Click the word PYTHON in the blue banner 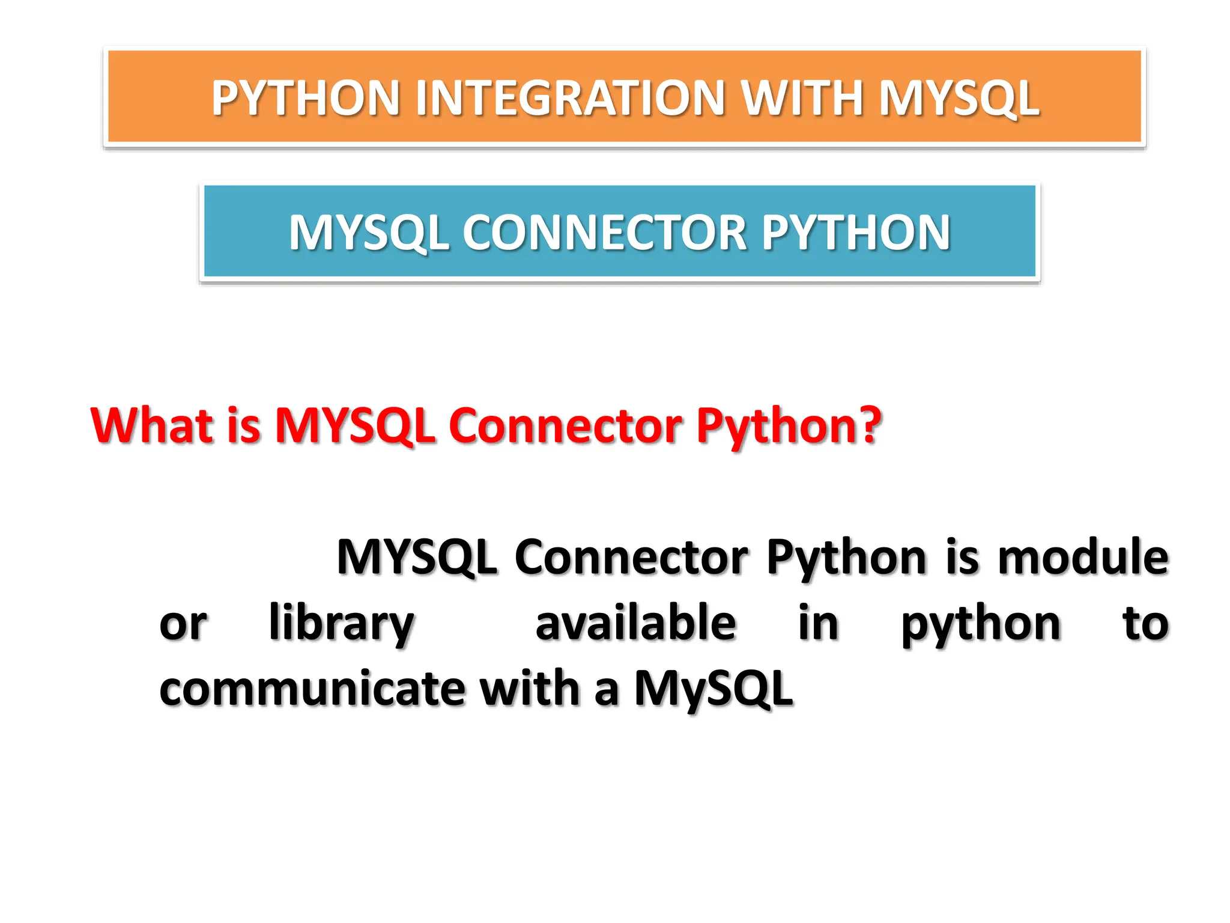856,233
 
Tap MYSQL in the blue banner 368,234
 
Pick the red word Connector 565,425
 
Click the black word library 341,624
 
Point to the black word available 635,623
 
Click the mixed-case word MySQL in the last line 714,689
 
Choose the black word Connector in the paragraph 631,557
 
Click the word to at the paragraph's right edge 1145,623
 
